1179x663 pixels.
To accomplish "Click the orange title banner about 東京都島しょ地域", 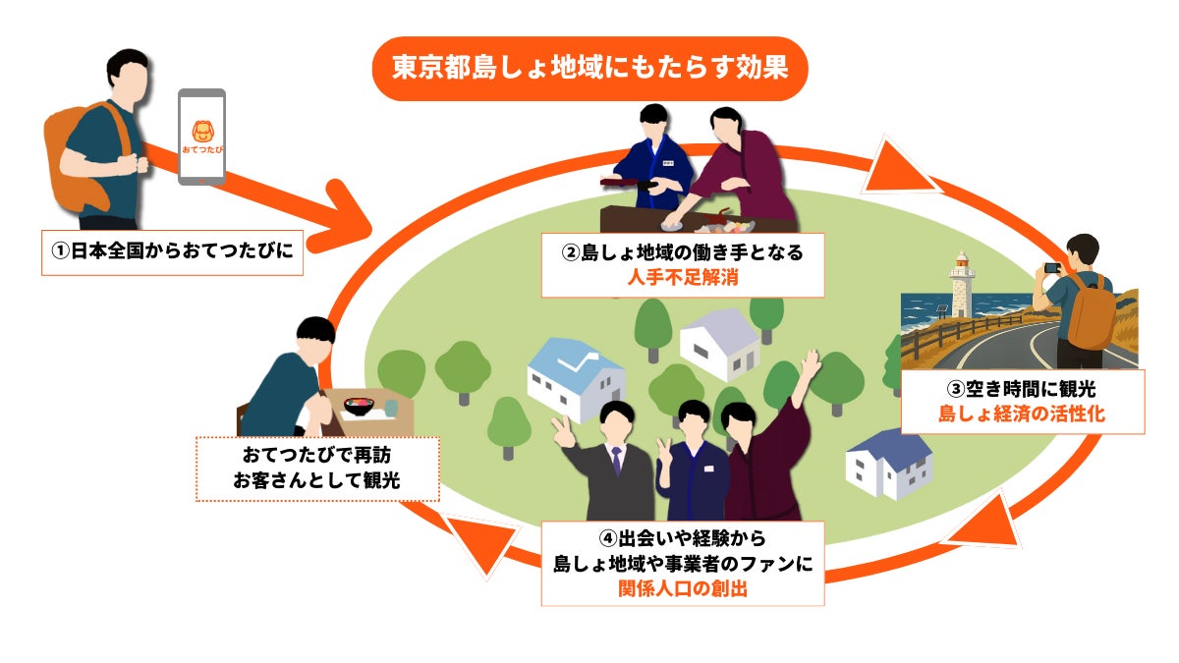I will pos(589,69).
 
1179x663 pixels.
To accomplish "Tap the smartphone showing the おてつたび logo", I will pos(201,137).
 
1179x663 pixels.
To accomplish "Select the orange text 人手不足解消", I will pos(682,278).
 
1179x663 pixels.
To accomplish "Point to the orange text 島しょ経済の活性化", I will pos(1022,414).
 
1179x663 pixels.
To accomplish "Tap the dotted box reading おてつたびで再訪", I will pos(316,457).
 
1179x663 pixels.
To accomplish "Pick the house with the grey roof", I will pos(720,343).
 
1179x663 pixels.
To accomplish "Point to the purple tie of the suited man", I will pos(616,461).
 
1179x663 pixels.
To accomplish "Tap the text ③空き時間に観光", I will pos(1022,389).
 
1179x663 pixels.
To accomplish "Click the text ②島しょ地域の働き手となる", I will pos(682,252).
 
